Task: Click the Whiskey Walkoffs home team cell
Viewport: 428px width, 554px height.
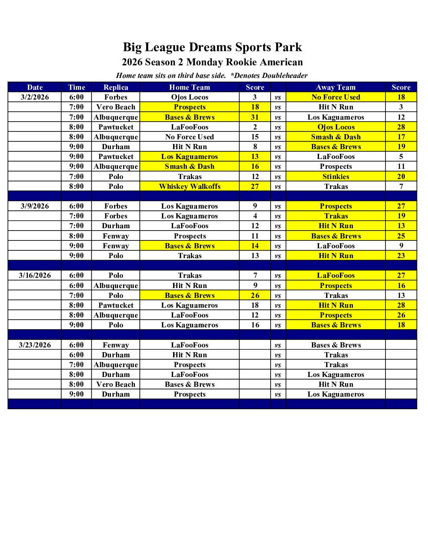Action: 190,187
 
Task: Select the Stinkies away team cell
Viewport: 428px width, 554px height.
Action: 336,177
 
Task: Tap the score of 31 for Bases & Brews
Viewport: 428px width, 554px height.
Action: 255,117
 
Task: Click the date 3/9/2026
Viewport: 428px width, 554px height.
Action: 35,206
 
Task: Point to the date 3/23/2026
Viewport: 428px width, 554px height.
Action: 35,345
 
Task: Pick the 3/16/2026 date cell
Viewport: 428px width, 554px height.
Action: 35,275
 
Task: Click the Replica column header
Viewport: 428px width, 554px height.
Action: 116,87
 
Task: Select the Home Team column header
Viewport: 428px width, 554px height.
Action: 190,87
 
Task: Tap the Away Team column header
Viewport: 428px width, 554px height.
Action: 336,87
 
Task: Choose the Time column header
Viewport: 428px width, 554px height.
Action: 76,87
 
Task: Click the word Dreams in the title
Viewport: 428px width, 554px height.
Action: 210,47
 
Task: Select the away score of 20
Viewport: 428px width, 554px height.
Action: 401,177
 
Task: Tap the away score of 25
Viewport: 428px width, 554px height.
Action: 401,236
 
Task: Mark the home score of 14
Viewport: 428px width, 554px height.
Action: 255,246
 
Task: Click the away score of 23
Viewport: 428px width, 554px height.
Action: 401,256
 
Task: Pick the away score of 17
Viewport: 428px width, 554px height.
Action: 401,137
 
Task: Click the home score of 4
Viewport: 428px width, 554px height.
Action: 255,216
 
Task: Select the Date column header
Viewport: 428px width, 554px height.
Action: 35,87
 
